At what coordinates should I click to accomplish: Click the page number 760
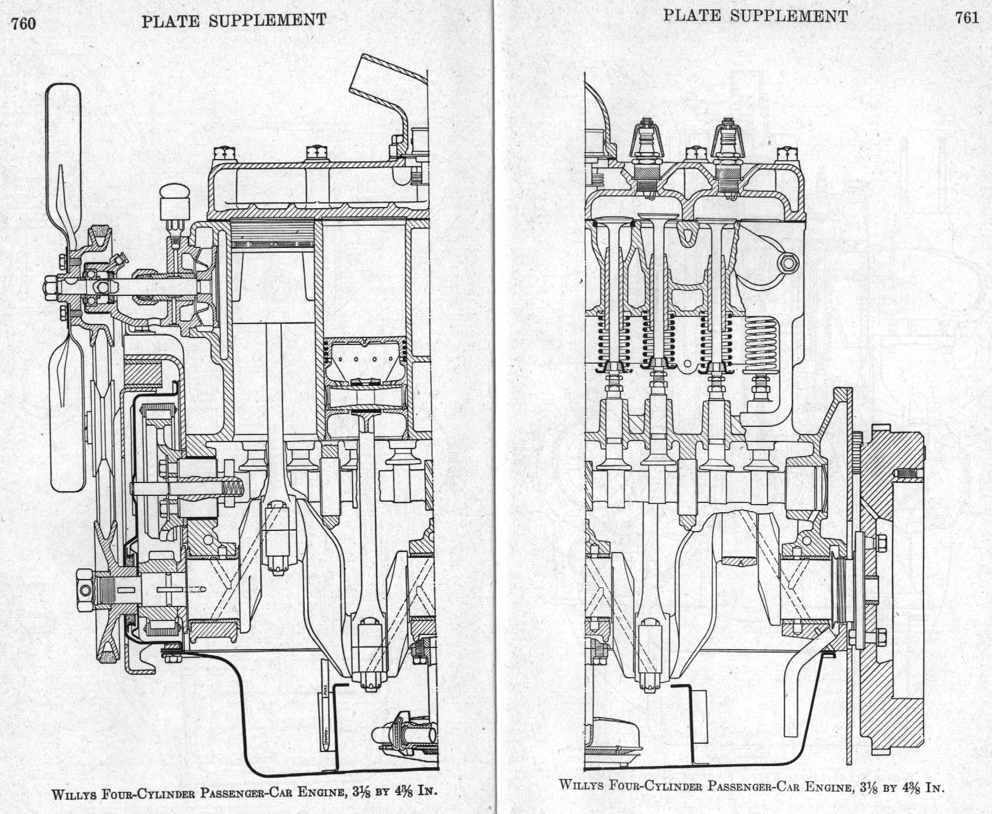23,23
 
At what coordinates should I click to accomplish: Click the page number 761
967,18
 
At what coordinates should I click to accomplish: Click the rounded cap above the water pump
175,192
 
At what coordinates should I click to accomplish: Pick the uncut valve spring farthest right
762,345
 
